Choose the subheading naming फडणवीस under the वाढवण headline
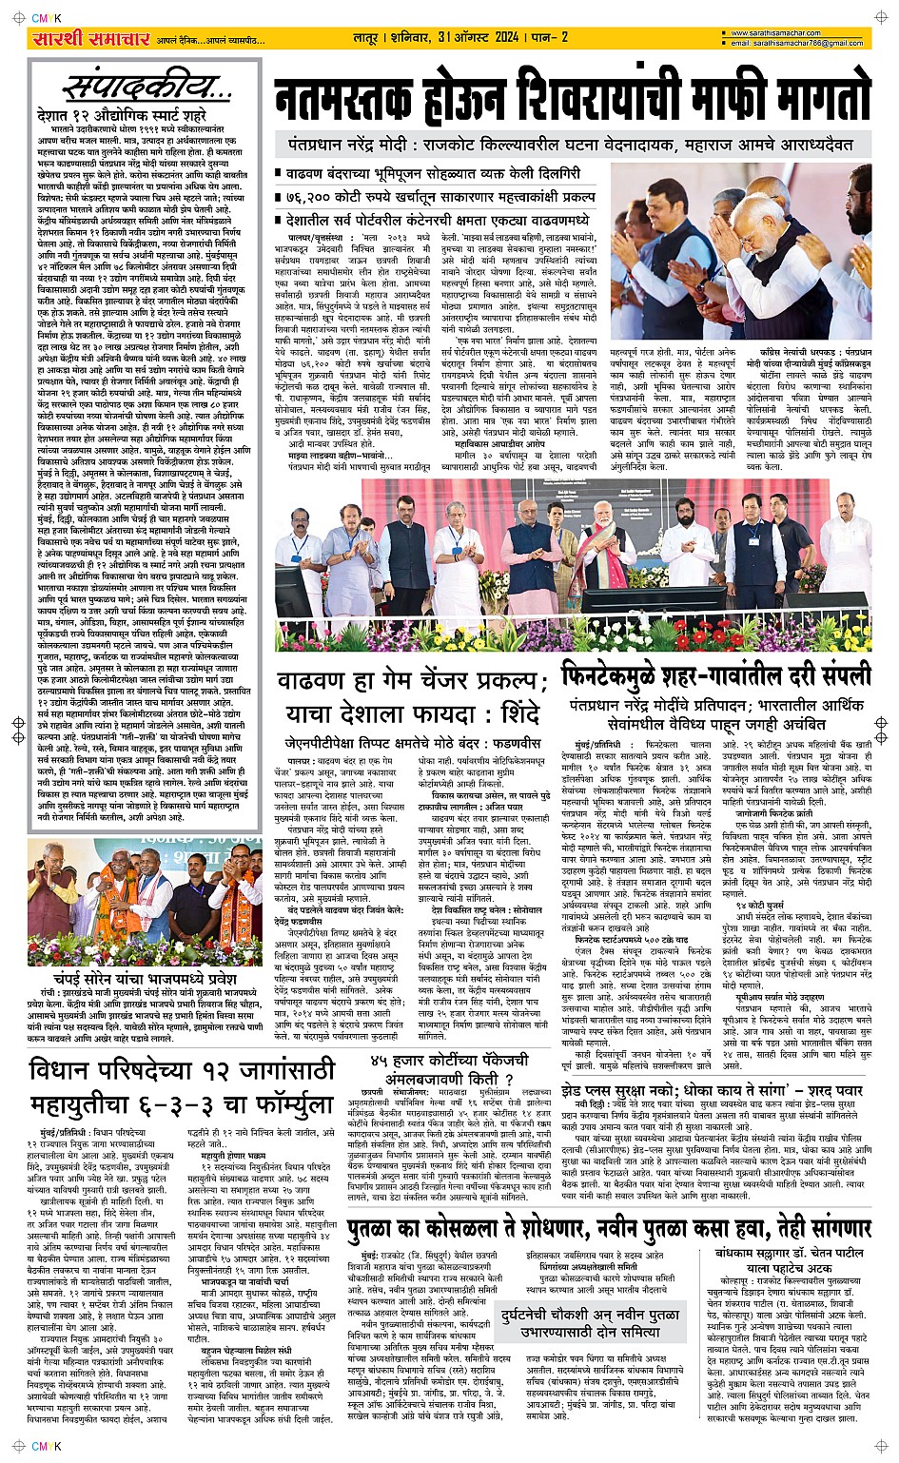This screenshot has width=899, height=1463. pos(413,742)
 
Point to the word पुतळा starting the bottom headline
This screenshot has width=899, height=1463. pos(380,1229)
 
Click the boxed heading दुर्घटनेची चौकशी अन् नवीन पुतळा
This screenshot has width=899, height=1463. pos(581,1324)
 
